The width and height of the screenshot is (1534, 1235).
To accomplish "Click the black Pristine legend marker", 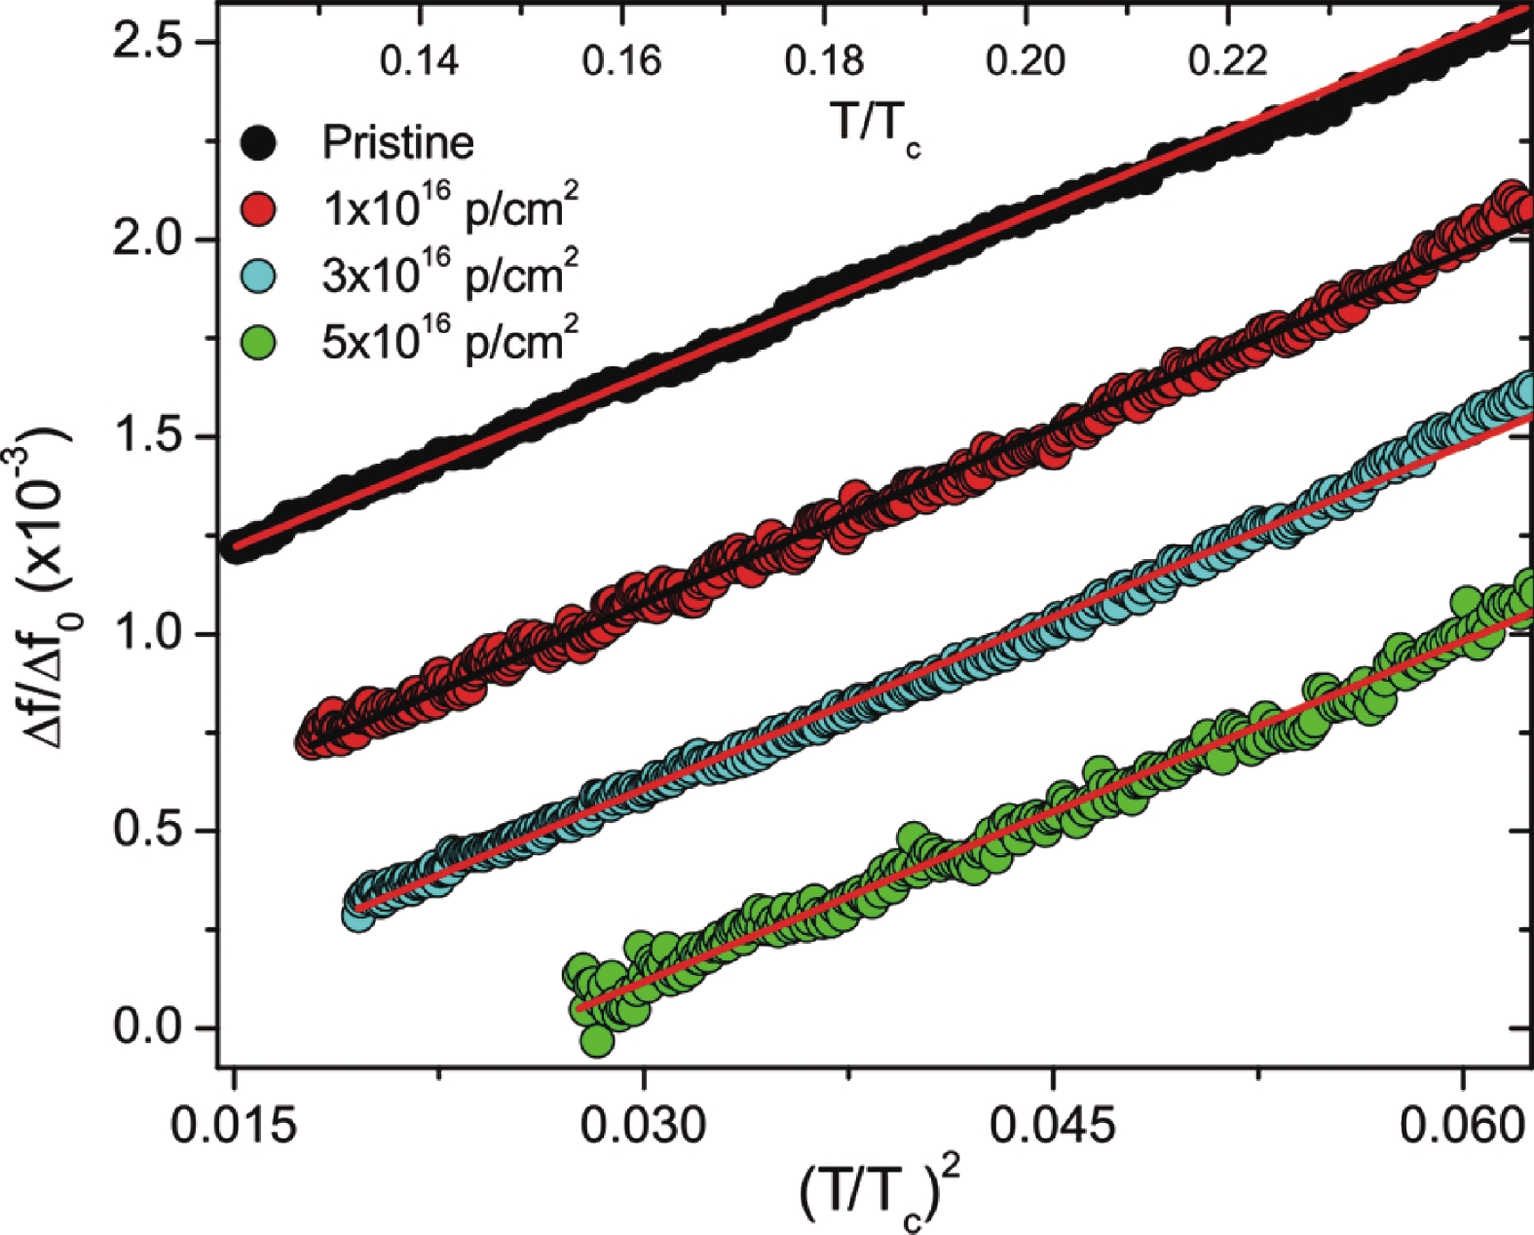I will pyautogui.click(x=258, y=143).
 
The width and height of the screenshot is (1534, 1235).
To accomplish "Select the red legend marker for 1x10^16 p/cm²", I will pyautogui.click(x=258, y=209).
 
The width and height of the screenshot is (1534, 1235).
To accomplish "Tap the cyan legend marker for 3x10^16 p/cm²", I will pyautogui.click(x=258, y=276).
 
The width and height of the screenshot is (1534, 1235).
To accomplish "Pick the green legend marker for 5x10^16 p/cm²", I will pyautogui.click(x=258, y=342).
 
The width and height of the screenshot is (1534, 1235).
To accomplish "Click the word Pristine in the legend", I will pyautogui.click(x=397, y=143).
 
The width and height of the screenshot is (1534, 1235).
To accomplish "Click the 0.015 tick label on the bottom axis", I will pyautogui.click(x=234, y=1126).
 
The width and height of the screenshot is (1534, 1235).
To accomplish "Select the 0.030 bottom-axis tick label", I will pyautogui.click(x=643, y=1126).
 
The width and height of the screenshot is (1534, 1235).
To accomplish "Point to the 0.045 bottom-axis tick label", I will pyautogui.click(x=1053, y=1126).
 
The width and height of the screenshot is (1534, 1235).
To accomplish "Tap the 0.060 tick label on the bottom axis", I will pyautogui.click(x=1461, y=1126).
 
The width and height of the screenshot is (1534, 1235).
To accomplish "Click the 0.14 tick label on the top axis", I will pyautogui.click(x=419, y=61).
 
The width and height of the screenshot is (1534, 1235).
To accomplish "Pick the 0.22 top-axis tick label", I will pyautogui.click(x=1227, y=61).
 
